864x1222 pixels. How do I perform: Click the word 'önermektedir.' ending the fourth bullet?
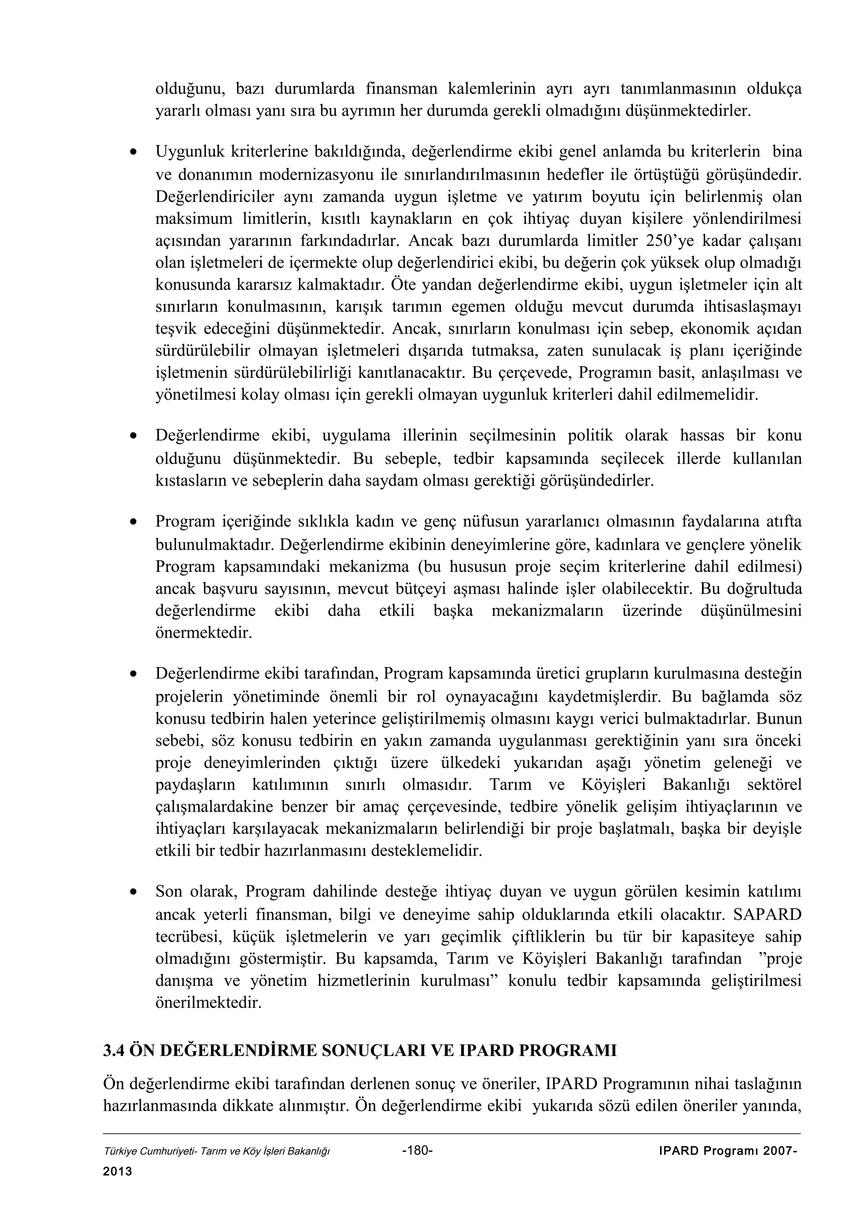(203, 633)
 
